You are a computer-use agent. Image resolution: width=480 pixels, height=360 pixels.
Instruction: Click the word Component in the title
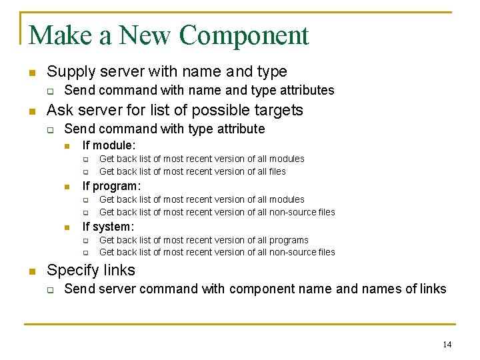pyautogui.click(x=244, y=36)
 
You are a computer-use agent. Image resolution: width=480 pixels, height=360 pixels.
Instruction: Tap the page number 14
pyautogui.click(x=447, y=344)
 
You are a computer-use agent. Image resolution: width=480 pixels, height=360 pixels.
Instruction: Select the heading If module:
pyautogui.click(x=109, y=145)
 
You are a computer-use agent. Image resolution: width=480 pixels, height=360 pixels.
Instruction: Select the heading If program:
pyautogui.click(x=111, y=186)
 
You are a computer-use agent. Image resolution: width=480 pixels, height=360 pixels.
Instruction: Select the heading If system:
pyautogui.click(x=108, y=227)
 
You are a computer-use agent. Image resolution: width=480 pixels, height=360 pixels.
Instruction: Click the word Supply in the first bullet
pyautogui.click(x=69, y=72)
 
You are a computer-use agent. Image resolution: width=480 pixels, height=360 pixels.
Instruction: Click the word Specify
pyautogui.click(x=71, y=270)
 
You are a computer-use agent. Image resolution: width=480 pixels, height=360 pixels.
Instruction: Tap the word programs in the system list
pyautogui.click(x=288, y=240)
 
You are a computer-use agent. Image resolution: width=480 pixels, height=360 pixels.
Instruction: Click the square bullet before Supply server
pyautogui.click(x=31, y=72)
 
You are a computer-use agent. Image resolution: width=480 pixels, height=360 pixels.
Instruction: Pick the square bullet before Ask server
pyautogui.click(x=31, y=111)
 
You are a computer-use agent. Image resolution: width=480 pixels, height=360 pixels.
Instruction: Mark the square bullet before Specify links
pyautogui.click(x=31, y=271)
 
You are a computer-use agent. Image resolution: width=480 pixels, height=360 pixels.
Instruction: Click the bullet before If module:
pyautogui.click(x=67, y=146)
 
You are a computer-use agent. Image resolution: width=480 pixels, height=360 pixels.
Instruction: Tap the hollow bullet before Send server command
pyautogui.click(x=49, y=289)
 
